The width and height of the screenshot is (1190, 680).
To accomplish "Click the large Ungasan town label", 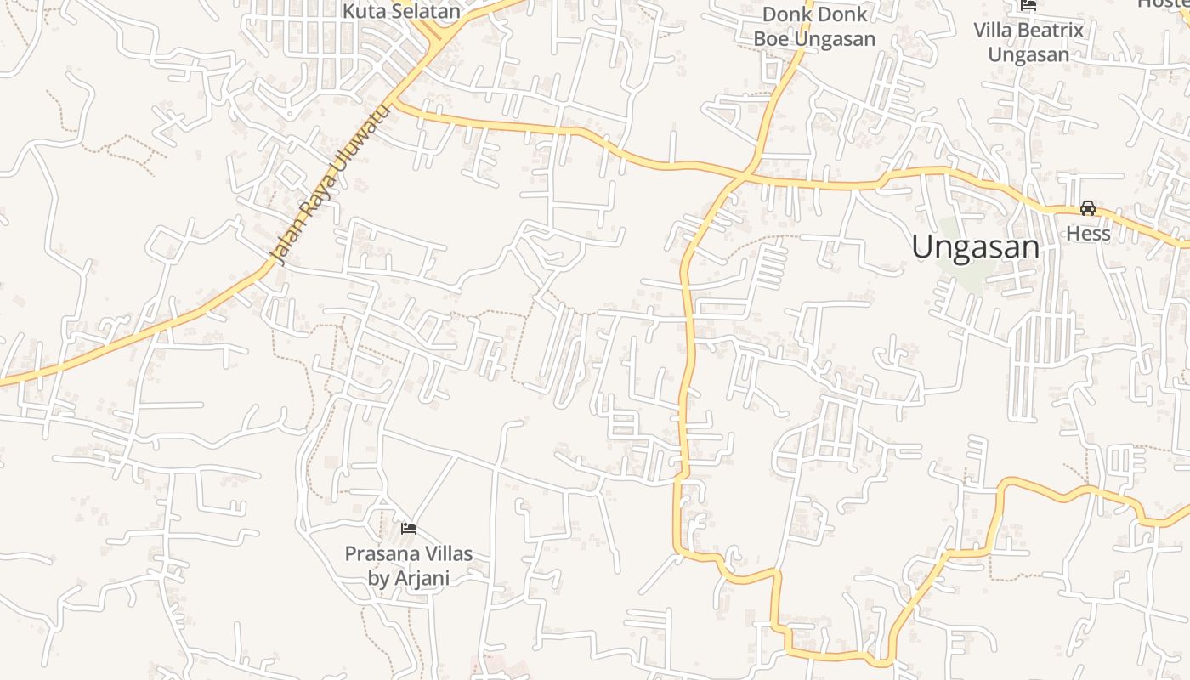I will [x=975, y=247].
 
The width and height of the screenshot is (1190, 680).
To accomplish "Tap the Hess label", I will [x=1088, y=233].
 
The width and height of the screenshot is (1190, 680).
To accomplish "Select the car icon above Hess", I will [x=1088, y=208].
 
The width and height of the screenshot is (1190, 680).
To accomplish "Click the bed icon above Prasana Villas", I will [x=409, y=529].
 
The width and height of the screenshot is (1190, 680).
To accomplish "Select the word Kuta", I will [x=360, y=12].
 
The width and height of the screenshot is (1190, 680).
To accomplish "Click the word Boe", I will [x=772, y=39].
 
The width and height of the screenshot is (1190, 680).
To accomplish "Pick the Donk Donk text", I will [x=814, y=14].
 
